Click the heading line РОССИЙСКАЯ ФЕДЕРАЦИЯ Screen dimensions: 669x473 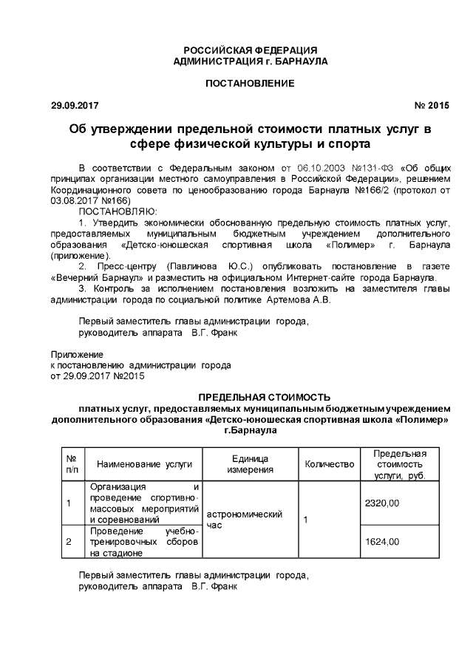pyautogui.click(x=250, y=49)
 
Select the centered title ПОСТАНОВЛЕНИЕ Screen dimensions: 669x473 pyautogui.click(x=250, y=83)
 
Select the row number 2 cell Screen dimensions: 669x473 pyautogui.click(x=69, y=542)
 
